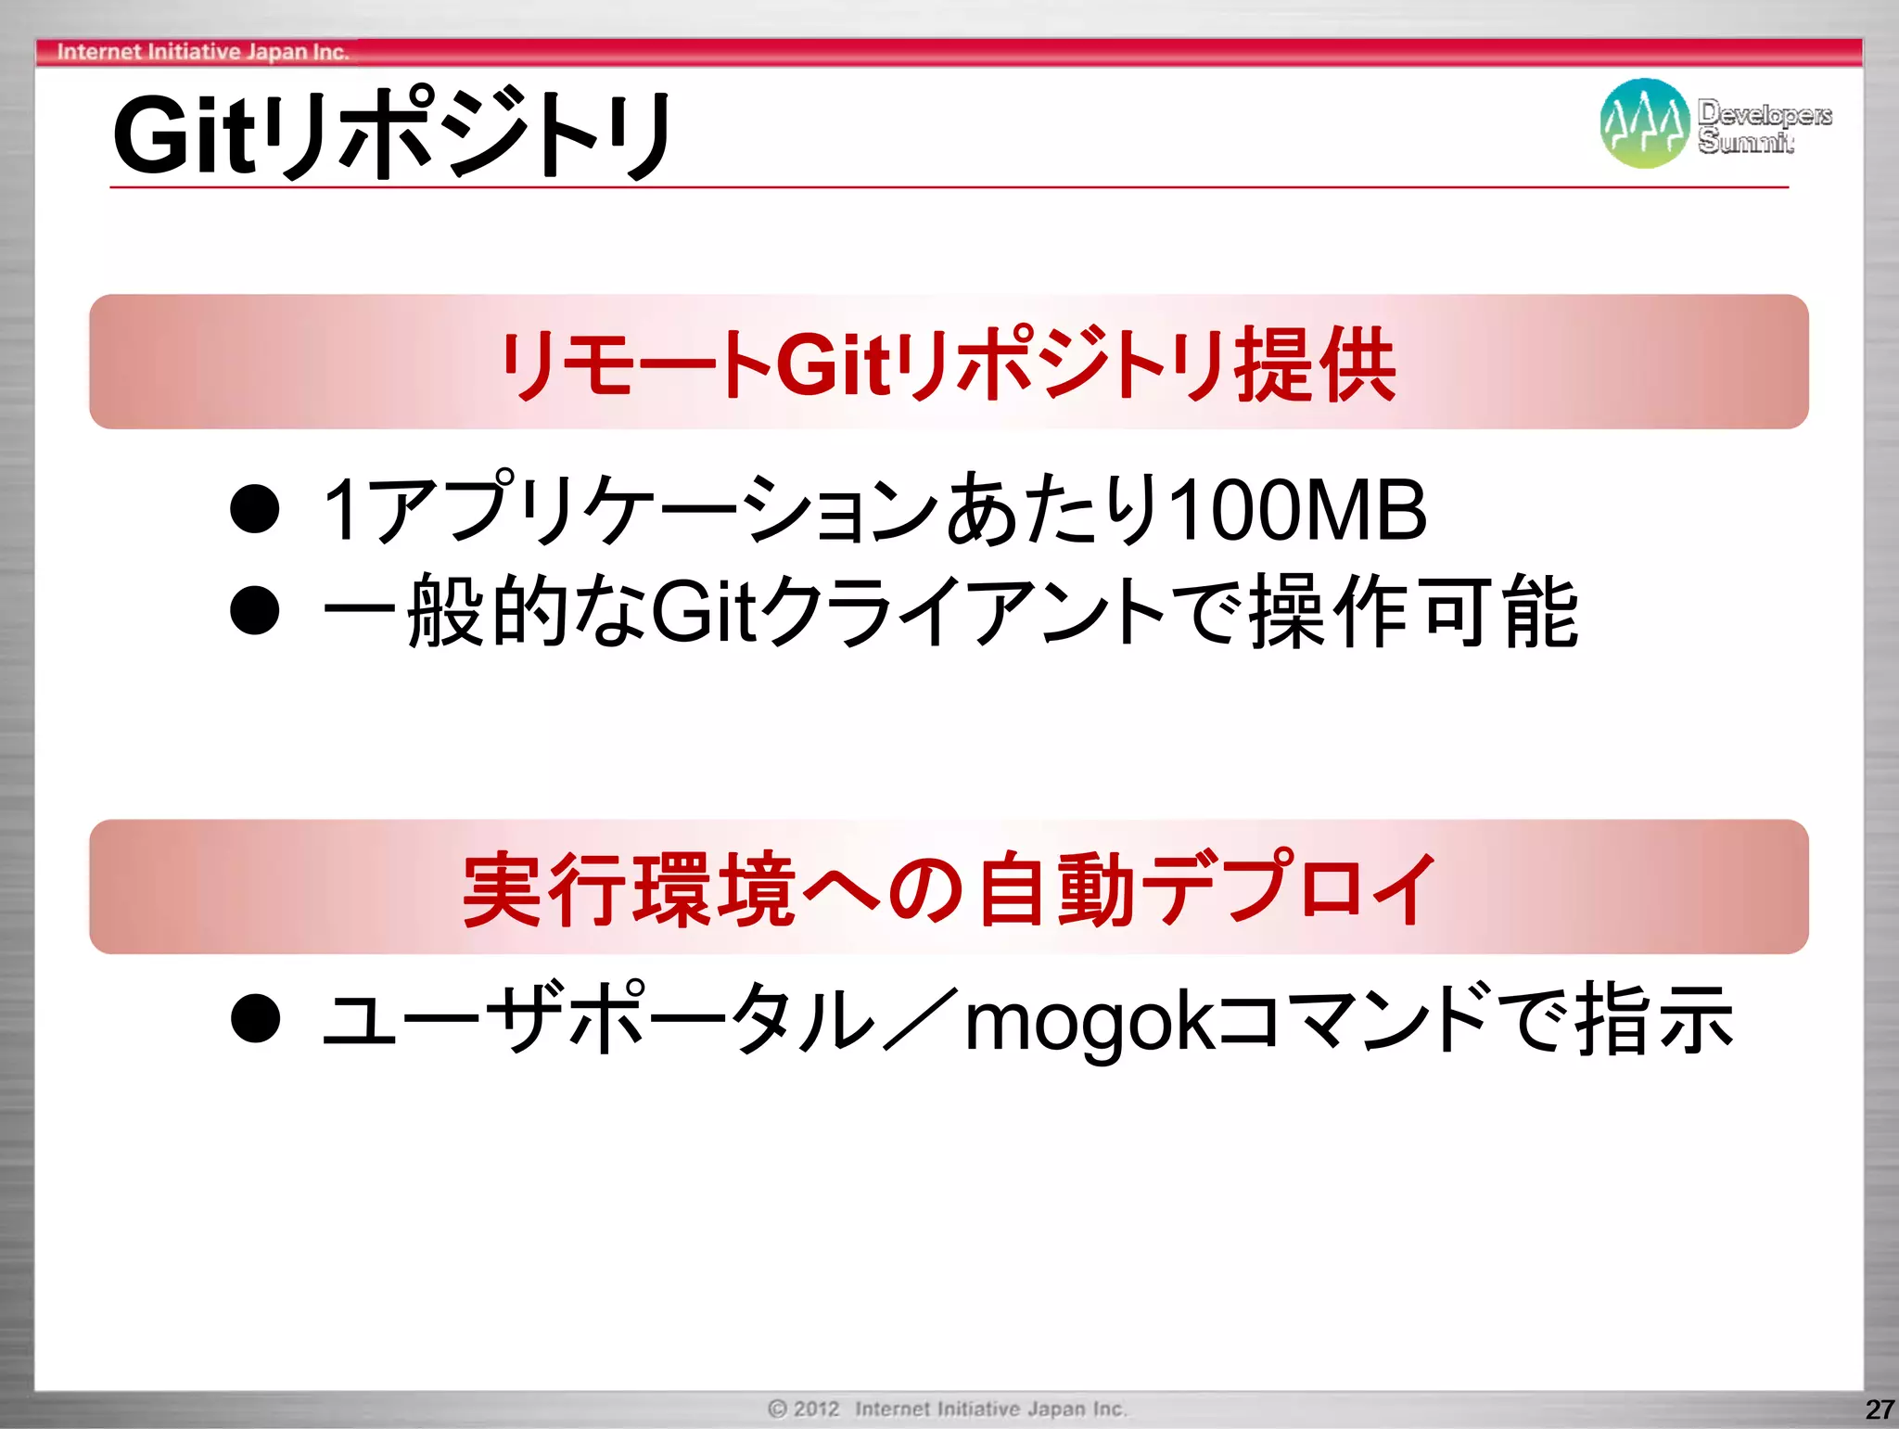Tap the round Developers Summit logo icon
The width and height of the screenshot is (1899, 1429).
coord(1644,123)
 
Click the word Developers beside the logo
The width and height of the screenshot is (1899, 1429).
coord(1765,113)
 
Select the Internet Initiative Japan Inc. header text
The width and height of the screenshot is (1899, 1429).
coord(203,52)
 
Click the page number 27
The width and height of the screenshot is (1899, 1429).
coord(1879,1410)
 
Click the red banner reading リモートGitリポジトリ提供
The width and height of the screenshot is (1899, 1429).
coord(948,363)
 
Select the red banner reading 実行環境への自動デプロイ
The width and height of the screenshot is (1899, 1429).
coord(948,887)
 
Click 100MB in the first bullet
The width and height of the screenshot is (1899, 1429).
coord(1297,510)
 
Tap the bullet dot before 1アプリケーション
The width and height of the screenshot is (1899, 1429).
coord(255,509)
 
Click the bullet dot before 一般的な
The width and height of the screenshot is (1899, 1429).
coord(255,610)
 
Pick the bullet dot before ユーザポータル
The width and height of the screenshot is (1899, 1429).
coord(255,1018)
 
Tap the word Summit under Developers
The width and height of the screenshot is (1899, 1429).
coord(1745,142)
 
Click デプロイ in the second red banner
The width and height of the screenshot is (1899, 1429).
coord(1288,887)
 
